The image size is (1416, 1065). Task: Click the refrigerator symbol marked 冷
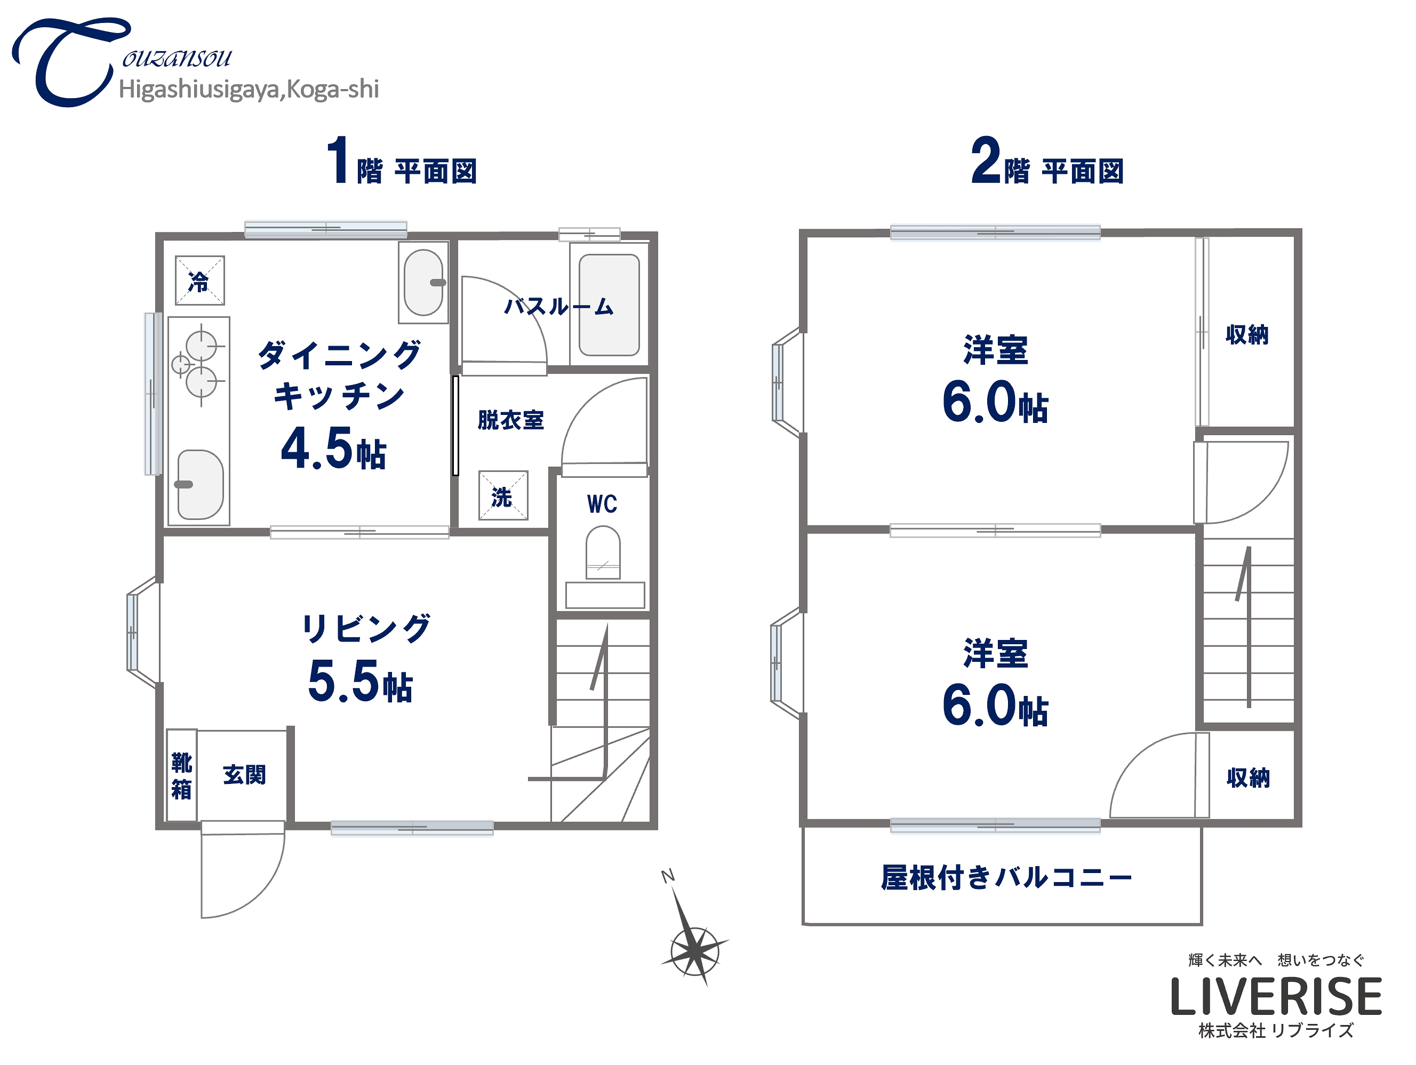[x=199, y=281]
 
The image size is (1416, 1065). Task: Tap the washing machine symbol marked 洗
[x=502, y=496]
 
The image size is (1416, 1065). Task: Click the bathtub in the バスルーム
[x=609, y=305]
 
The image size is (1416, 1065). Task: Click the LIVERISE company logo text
[x=1276, y=997]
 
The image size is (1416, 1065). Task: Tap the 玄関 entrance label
[x=244, y=775]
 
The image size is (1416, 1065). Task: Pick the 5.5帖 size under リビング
[x=360, y=682]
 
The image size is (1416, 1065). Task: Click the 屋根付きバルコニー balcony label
[x=1005, y=877]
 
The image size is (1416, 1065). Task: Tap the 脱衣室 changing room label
[x=510, y=420]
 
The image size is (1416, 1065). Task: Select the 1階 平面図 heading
[x=402, y=162]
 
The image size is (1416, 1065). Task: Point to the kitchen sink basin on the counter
[x=199, y=484]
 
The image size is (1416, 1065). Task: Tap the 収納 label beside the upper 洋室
[x=1246, y=335]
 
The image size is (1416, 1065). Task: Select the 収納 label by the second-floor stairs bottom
[x=1247, y=778]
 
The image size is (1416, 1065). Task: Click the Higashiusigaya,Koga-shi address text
[x=249, y=90]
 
